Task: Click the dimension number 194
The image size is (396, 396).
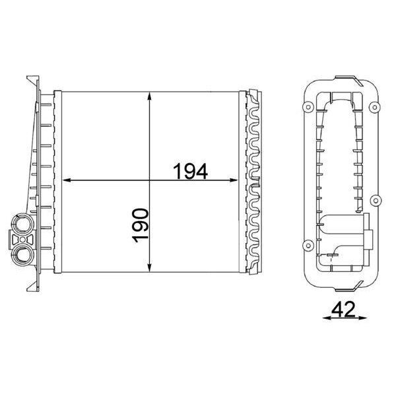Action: pos(191,171)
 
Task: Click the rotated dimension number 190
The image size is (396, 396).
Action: pos(140,226)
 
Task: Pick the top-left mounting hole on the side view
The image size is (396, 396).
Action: pos(308,107)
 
